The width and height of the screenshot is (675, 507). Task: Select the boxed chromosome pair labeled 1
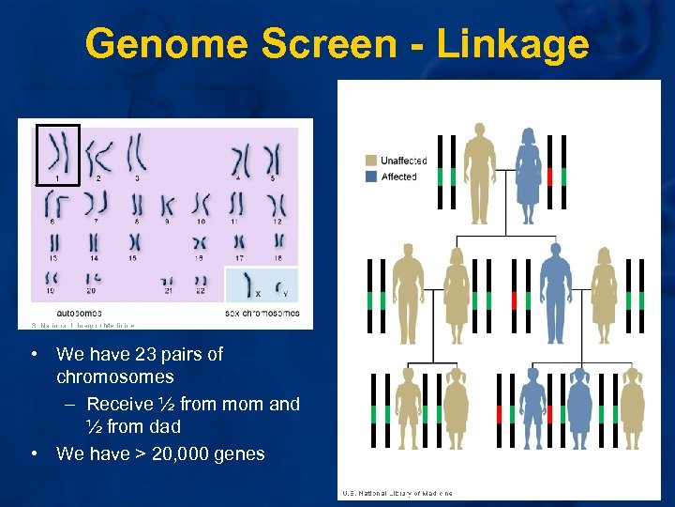57,153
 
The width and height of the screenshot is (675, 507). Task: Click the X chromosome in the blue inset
248,283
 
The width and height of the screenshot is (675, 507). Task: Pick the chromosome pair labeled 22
201,282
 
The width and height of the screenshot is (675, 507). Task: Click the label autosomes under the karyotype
79,313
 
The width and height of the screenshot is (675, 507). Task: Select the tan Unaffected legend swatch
372,161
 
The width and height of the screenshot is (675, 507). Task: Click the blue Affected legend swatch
372,177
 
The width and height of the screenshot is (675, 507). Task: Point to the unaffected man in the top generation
480,174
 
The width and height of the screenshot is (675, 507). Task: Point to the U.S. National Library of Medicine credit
397,493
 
